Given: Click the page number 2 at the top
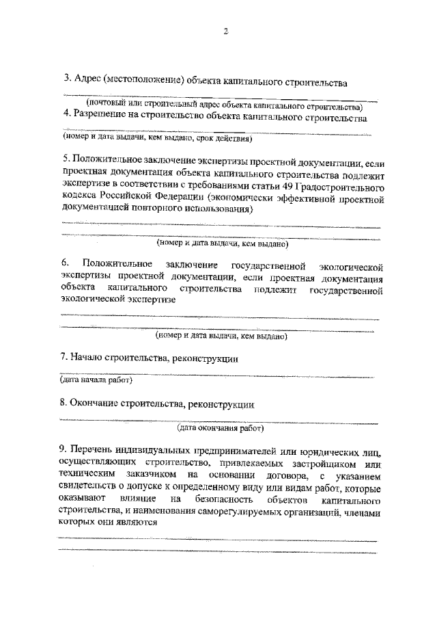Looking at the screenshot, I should click(224, 32).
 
